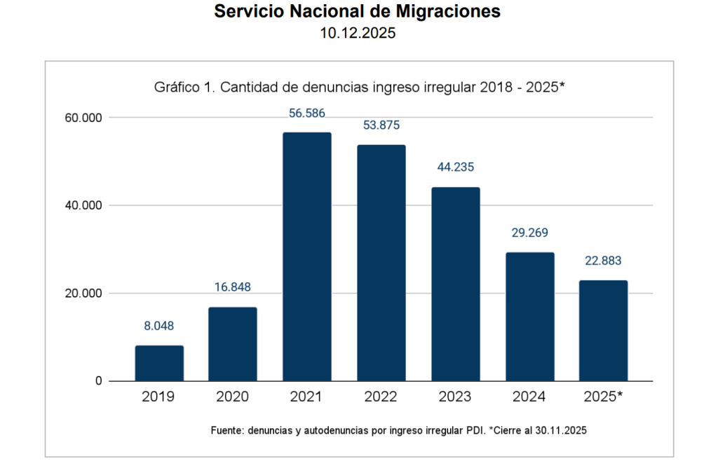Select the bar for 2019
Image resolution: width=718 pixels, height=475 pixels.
coord(159,363)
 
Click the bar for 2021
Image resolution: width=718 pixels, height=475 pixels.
coord(307,256)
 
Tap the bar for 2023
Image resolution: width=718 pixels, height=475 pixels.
coord(456,284)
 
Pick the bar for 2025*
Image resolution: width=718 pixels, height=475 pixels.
coord(603,331)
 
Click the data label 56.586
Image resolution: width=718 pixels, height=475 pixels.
coord(307,113)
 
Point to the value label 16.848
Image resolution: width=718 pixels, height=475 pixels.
coord(233,287)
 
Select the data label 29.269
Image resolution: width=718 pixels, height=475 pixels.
coord(530,233)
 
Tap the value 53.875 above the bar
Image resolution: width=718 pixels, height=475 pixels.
coord(381,125)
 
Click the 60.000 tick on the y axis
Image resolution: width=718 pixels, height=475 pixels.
coord(83,118)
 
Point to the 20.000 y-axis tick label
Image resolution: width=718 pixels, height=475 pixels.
coord(83,294)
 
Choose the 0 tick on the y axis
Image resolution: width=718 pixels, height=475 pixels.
coord(99,381)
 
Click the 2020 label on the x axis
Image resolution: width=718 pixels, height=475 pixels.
coord(233,397)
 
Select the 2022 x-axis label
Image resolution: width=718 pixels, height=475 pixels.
coord(381,397)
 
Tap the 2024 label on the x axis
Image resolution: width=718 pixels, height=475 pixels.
coord(530,397)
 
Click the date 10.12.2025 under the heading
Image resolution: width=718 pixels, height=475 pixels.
coord(358,34)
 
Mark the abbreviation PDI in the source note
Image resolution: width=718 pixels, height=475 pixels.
coord(475,430)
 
